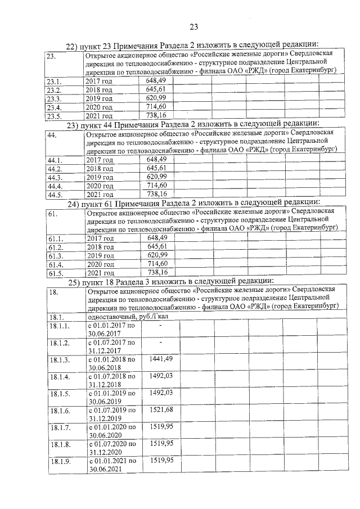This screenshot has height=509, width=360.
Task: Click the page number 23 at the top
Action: click(193, 26)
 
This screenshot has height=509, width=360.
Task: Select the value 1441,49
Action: click(161, 358)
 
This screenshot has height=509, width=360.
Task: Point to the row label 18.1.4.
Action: click(59, 376)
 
